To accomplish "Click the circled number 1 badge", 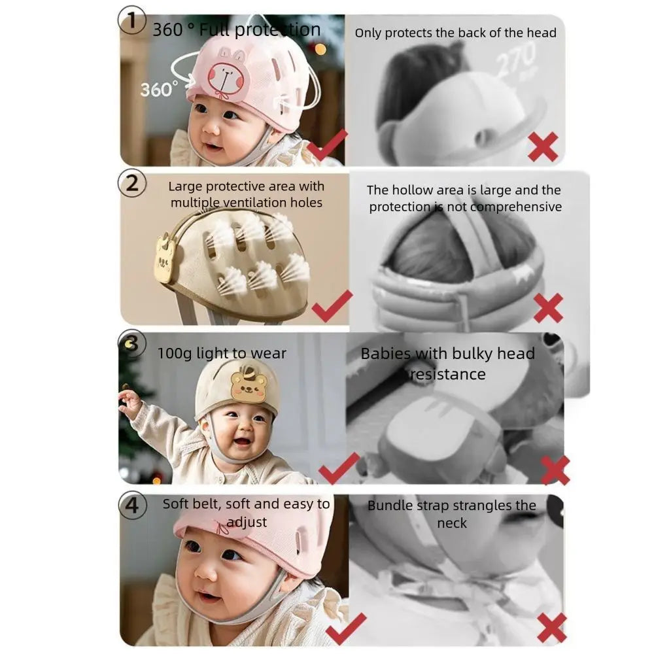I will pyautogui.click(x=131, y=22).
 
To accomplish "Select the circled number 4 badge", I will pyautogui.click(x=132, y=507).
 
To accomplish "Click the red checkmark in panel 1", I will pyautogui.click(x=326, y=146).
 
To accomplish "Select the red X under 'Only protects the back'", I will pyautogui.click(x=543, y=146).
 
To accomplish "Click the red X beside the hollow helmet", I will pyautogui.click(x=547, y=307).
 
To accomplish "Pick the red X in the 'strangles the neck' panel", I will pyautogui.click(x=551, y=627).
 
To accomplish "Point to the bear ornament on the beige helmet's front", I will pyautogui.click(x=165, y=261).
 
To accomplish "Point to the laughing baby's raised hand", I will pyautogui.click(x=129, y=402).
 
